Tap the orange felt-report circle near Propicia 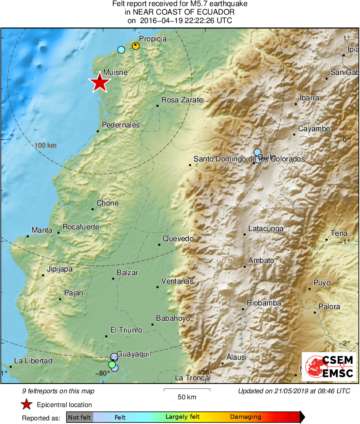[136, 46]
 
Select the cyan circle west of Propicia [121, 50]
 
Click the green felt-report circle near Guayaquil [112, 365]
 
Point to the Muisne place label [115, 72]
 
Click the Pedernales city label [120, 125]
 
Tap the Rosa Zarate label [182, 100]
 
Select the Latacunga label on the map [266, 229]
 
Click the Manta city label [42, 230]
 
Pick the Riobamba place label [264, 303]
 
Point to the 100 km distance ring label [45, 146]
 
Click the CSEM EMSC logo [329, 367]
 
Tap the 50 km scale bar [187, 390]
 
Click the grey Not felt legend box [79, 417]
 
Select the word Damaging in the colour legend [245, 417]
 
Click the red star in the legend [27, 405]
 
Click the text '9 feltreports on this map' [58, 391]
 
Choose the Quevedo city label [178, 239]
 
